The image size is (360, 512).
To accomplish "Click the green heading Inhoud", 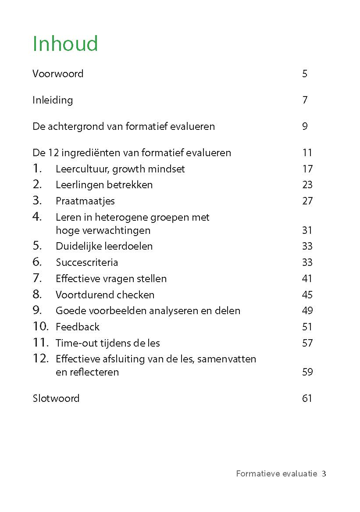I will tap(65, 44).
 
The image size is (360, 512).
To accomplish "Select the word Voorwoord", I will tap(58, 74).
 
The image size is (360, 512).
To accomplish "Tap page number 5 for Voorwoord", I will tap(305, 74).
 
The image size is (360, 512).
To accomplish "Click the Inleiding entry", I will tap(53, 100).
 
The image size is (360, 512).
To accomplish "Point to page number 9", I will tap(305, 126).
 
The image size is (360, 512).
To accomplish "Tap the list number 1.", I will tap(37, 168).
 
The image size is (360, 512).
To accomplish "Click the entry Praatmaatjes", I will tap(85, 201).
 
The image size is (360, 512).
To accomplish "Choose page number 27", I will tap(307, 201).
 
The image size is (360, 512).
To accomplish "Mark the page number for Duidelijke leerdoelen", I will tap(307, 246).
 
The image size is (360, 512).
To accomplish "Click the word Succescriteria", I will tap(87, 262).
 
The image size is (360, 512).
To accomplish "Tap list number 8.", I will tap(37, 294).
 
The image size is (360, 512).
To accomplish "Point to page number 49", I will tap(307, 311).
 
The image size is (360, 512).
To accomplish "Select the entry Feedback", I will tap(78, 327).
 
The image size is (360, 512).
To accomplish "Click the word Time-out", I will tap(74, 343).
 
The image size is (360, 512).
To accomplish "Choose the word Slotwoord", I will tap(56, 398).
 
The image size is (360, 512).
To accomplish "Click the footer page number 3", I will tap(324, 473).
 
